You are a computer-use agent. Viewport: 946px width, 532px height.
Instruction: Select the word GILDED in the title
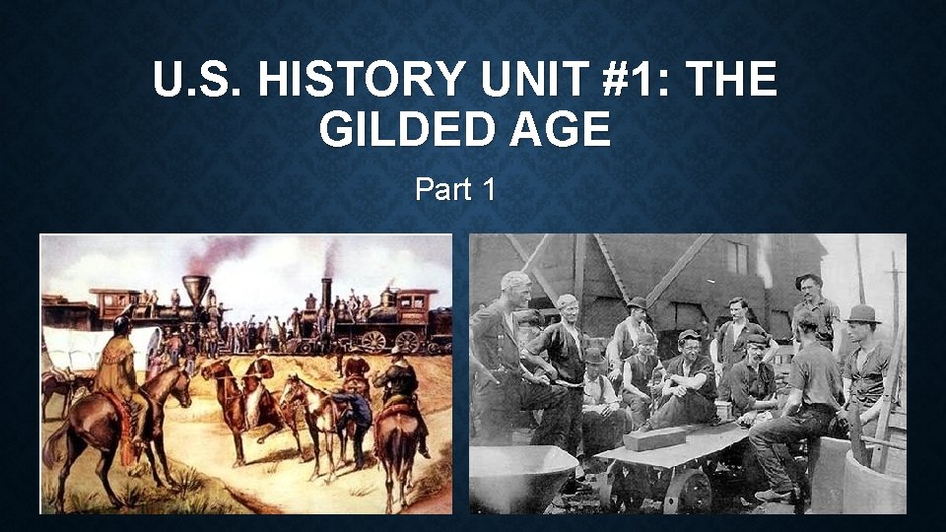point(403,128)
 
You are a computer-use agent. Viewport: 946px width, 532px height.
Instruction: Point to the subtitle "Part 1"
point(455,188)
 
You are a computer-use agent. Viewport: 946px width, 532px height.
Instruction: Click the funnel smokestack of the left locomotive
point(196,288)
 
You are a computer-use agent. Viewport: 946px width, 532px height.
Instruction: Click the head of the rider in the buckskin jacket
point(122,326)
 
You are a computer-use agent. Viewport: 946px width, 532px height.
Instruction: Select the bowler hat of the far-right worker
point(863,313)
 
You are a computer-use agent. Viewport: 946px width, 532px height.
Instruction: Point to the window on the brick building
point(737,257)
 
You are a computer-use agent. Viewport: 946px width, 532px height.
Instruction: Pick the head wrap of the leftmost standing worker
point(514,281)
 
